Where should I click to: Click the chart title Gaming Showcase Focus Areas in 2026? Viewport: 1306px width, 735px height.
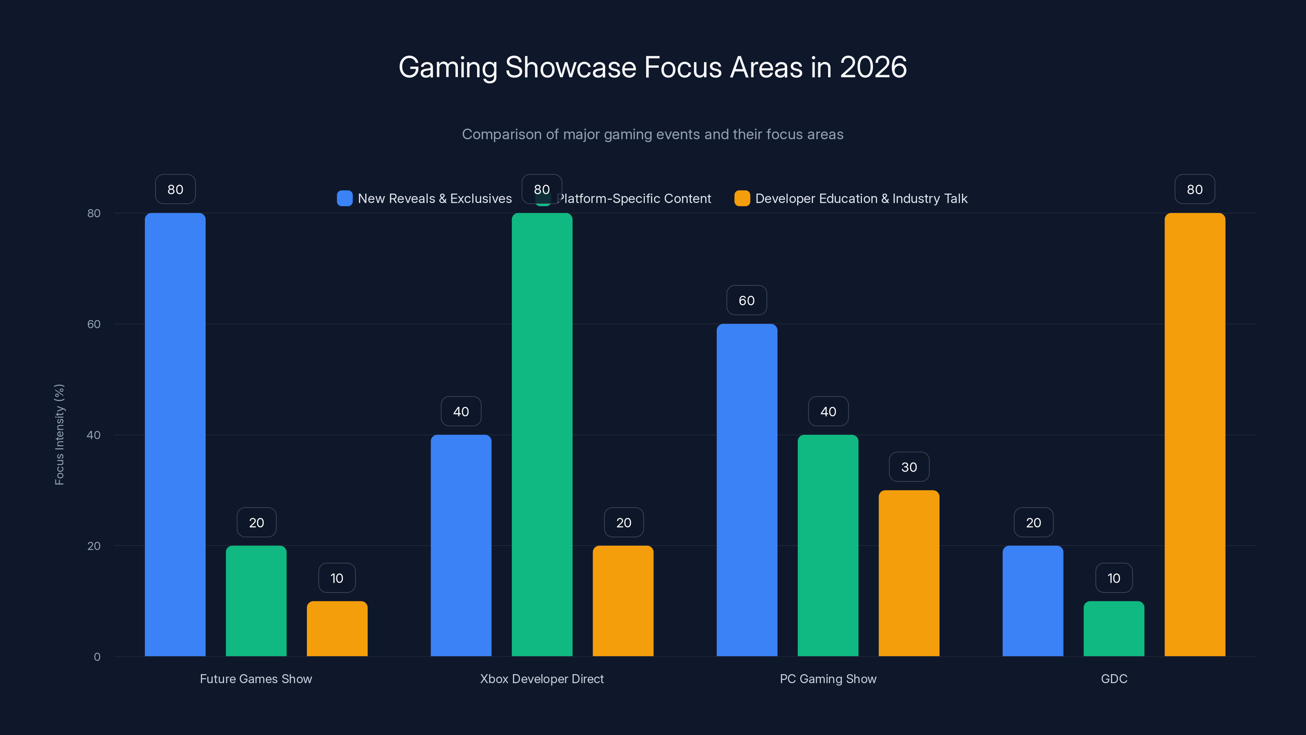(653, 67)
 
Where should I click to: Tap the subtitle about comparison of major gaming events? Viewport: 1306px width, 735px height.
(653, 134)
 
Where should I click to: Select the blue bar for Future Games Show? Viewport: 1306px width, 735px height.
(175, 435)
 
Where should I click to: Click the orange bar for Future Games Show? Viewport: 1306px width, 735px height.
(337, 629)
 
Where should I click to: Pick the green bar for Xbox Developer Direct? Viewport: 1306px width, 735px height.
(542, 435)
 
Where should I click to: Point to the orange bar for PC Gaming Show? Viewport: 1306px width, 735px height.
(909, 573)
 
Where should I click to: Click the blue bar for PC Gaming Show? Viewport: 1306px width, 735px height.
(747, 490)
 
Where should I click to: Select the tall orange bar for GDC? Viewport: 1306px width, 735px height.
(1195, 435)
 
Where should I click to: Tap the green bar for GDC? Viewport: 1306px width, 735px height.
(1114, 629)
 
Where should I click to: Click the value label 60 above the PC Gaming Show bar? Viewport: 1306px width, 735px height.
(747, 301)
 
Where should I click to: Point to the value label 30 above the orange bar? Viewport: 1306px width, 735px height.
(909, 467)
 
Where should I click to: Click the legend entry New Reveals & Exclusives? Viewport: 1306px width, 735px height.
(435, 199)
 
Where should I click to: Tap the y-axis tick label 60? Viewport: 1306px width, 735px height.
(94, 324)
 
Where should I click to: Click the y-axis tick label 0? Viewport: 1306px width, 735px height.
(97, 657)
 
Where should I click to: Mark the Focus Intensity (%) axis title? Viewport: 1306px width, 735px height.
(59, 435)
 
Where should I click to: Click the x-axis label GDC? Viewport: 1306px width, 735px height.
(1114, 679)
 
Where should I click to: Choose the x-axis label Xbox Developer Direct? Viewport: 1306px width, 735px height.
(542, 679)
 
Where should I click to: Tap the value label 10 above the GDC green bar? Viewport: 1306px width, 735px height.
(1114, 578)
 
